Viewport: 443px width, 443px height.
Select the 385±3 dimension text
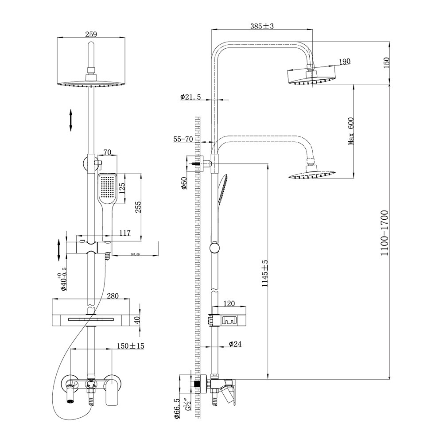click(x=262, y=26)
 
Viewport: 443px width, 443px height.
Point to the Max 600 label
click(x=351, y=131)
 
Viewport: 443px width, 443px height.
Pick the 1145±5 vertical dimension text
click(x=265, y=276)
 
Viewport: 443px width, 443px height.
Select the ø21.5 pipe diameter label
click(x=190, y=97)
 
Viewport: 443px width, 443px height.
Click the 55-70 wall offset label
click(x=183, y=139)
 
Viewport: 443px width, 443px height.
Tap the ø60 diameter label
click(x=184, y=183)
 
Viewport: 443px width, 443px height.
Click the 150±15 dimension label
click(x=131, y=346)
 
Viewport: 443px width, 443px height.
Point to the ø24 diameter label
click(x=235, y=343)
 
